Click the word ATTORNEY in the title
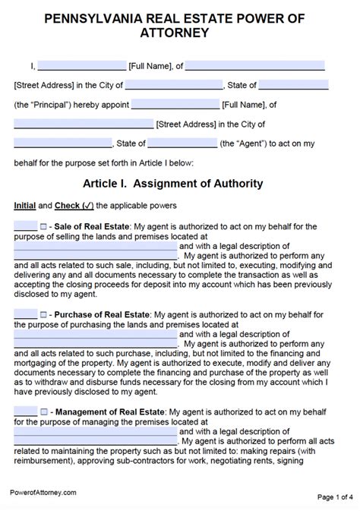[180, 33]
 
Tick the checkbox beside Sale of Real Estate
[43, 226]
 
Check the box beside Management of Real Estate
[43, 411]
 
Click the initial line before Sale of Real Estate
[25, 226]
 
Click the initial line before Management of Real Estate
[25, 411]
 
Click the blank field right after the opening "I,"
[81, 66]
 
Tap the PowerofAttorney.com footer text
[44, 493]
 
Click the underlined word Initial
[24, 205]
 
